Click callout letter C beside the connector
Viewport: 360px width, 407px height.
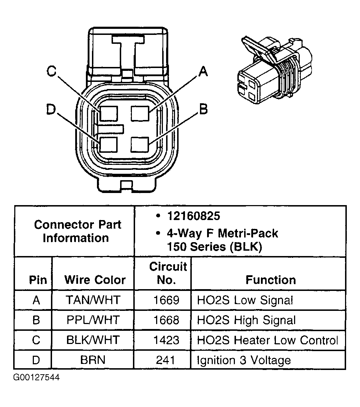(x=52, y=72)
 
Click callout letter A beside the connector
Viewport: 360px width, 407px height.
(x=202, y=72)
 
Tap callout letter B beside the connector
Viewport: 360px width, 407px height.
(x=203, y=109)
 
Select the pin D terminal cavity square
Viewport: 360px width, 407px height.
(x=108, y=146)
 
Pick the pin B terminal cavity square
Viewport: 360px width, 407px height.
(x=140, y=145)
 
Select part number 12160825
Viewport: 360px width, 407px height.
(x=194, y=216)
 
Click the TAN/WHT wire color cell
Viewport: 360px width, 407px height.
(x=93, y=300)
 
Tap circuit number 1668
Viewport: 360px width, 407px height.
(x=166, y=320)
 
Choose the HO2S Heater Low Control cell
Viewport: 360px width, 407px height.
(x=267, y=340)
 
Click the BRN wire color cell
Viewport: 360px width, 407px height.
(x=93, y=360)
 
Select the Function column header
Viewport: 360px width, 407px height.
(x=271, y=280)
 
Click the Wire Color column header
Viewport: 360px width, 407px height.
(x=95, y=280)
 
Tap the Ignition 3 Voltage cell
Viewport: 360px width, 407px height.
(x=244, y=360)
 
